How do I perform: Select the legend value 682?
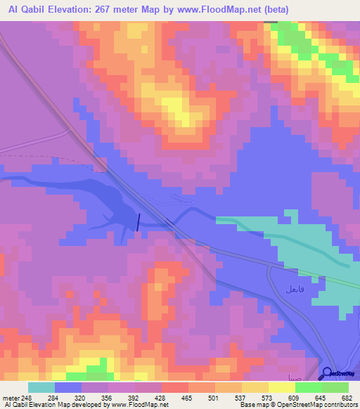(346, 397)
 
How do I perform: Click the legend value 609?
(294, 397)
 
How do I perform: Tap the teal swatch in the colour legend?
(41, 387)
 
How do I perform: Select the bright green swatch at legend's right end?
(335, 387)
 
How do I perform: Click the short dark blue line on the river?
(138, 221)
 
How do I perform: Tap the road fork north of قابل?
(271, 267)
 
